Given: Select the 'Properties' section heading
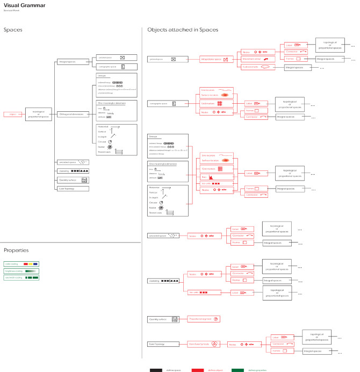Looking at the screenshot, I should click(x=16, y=251).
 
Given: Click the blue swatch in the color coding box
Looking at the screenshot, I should click(x=35, y=264).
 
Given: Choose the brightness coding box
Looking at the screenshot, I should click(x=22, y=271).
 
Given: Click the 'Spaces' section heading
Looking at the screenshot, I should click(x=13, y=30).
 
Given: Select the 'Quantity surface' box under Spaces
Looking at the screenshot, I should click(x=69, y=180).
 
